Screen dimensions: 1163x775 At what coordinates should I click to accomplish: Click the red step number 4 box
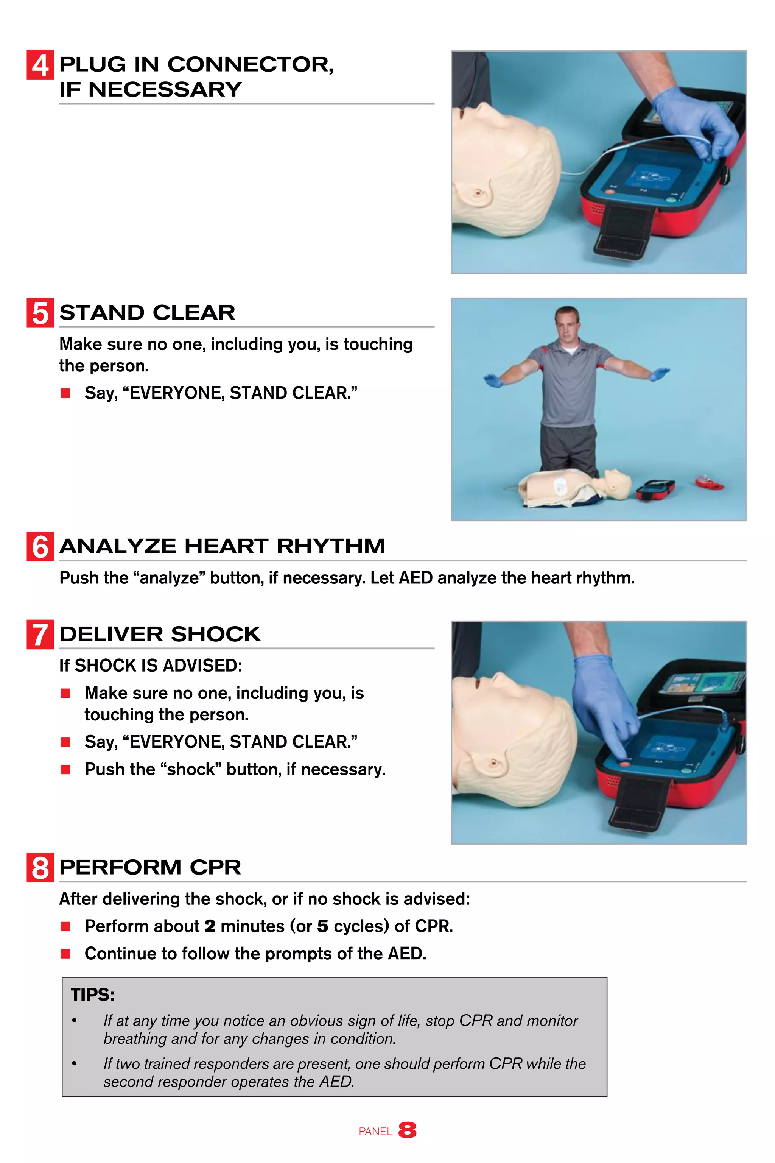pos(40,65)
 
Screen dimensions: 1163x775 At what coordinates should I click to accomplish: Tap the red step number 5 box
pos(40,313)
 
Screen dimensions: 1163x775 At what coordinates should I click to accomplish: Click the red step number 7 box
pos(40,635)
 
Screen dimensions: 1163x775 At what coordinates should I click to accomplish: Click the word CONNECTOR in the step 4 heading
pos(250,64)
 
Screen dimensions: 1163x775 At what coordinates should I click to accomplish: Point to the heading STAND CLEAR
pos(147,312)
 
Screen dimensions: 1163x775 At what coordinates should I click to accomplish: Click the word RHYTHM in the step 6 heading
pos(331,546)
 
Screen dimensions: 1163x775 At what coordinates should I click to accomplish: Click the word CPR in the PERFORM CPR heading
pos(215,867)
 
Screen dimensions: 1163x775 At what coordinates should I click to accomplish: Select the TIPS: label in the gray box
pos(92,995)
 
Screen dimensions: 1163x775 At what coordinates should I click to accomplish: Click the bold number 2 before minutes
pos(210,926)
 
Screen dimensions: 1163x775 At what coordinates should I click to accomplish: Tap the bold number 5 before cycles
pos(322,926)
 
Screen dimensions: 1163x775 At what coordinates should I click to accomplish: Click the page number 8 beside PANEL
pos(407,1130)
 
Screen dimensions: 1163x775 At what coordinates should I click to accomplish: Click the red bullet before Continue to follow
pos(65,953)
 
